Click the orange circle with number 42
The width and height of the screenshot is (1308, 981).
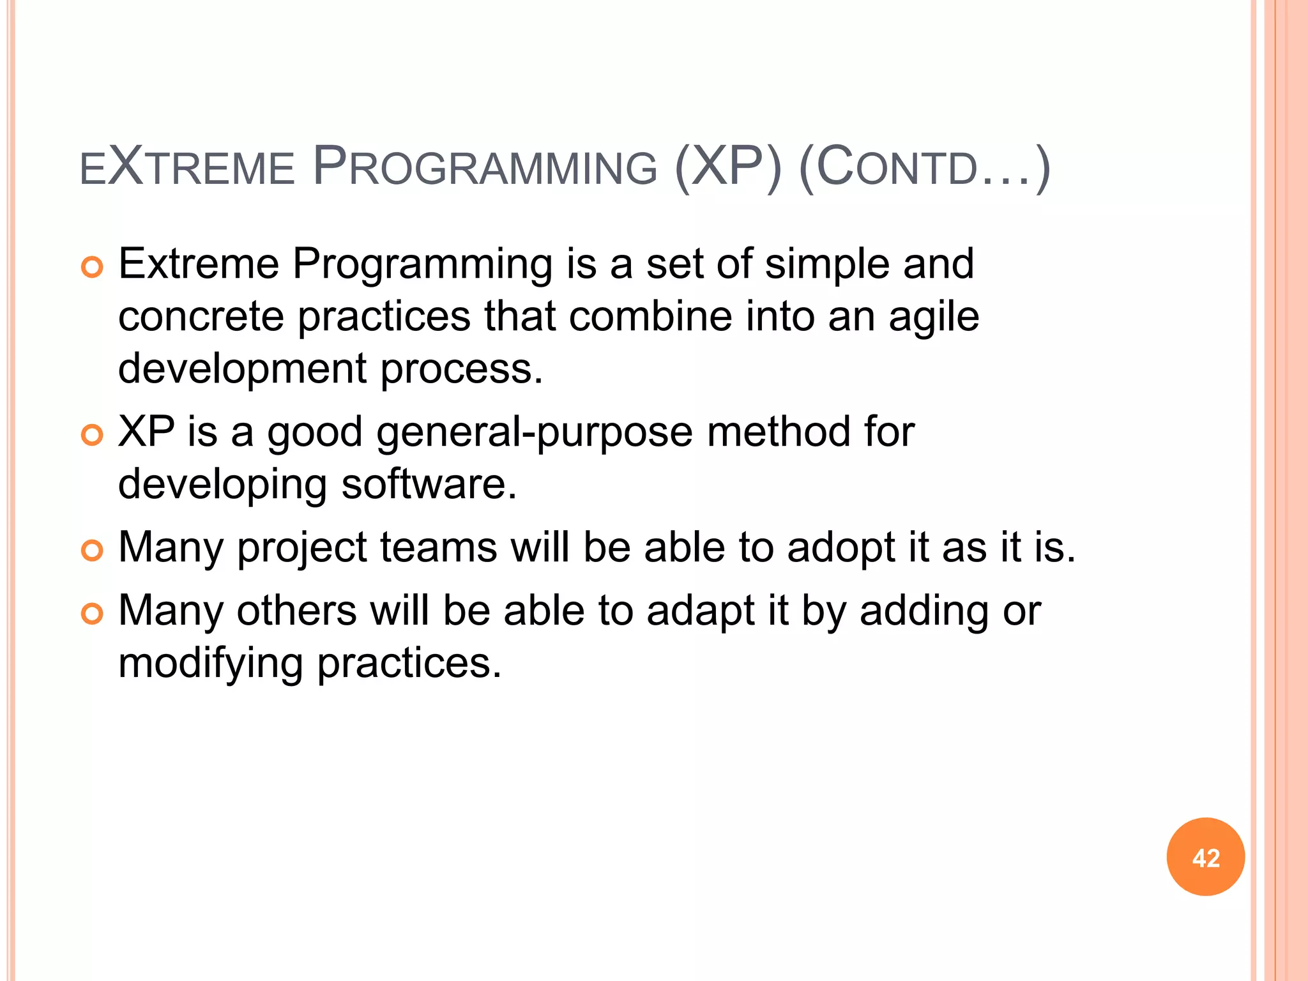[x=1205, y=856]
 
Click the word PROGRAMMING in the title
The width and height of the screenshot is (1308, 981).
[x=485, y=167]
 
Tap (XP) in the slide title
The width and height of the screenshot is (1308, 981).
[x=728, y=167]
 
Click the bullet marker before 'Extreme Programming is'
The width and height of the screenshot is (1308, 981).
[x=93, y=267]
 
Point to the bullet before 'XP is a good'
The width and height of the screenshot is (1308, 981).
[x=93, y=435]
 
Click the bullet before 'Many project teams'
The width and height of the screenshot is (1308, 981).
[x=93, y=550]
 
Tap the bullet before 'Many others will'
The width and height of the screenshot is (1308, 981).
[x=93, y=614]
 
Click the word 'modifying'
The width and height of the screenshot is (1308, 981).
[x=211, y=664]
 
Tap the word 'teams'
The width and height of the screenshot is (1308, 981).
[x=438, y=548]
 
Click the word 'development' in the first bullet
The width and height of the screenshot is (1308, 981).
[x=243, y=370]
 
